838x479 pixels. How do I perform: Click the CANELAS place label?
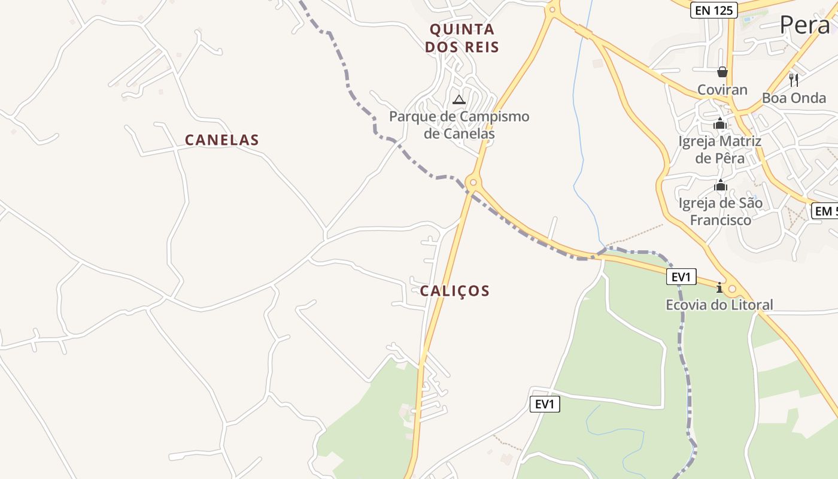[221, 140]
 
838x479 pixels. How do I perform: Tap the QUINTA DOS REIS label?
[462, 38]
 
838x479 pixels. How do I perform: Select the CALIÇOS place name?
[454, 291]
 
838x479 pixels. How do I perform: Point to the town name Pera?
[804, 25]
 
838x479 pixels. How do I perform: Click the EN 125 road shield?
[713, 10]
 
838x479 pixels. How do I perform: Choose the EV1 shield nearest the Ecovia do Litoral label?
[682, 277]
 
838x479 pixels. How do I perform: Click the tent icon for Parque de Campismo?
[459, 99]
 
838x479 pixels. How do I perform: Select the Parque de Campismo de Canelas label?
[459, 125]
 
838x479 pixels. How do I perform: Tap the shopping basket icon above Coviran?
[722, 72]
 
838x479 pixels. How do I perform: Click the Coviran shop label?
[722, 90]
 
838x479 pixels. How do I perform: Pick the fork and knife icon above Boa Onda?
[794, 80]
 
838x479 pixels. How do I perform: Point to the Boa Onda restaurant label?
[794, 98]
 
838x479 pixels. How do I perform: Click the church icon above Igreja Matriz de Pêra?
[719, 124]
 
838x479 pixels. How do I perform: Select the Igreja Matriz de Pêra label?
[719, 150]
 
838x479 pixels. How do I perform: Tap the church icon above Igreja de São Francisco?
[720, 185]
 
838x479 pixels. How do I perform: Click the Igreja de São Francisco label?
[720, 211]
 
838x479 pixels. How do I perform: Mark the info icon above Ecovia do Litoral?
[719, 288]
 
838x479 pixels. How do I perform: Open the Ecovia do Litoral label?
[719, 305]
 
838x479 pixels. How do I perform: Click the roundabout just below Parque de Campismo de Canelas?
[473, 183]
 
